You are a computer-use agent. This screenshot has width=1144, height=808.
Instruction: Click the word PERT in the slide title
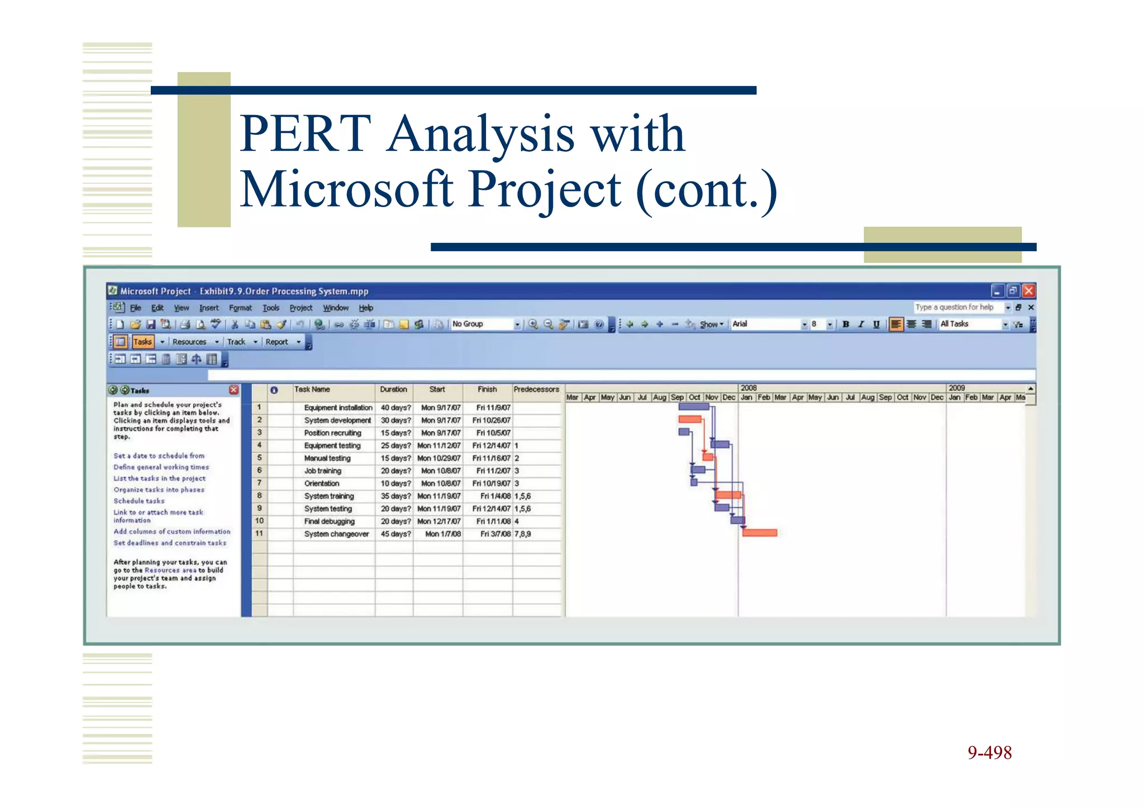tap(306, 134)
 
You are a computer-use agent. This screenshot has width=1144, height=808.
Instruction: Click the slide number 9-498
tap(989, 753)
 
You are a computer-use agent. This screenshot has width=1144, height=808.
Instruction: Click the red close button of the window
tap(1028, 291)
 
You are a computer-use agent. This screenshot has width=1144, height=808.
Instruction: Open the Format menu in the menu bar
tap(240, 308)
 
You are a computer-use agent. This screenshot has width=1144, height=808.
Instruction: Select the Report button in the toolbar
tap(277, 342)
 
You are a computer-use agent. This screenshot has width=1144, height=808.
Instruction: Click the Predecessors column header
tap(536, 389)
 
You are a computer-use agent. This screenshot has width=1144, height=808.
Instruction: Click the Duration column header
tap(393, 389)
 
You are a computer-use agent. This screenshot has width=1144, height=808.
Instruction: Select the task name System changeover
tap(336, 534)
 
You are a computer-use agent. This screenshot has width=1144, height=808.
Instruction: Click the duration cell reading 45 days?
tap(395, 534)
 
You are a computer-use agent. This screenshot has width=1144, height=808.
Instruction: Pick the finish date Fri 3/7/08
tap(495, 534)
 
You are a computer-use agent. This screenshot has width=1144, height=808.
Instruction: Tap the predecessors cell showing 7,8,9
tap(523, 534)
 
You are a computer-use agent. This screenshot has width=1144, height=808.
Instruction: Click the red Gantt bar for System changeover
tap(760, 533)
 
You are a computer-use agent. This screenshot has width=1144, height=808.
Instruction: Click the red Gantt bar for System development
tap(690, 419)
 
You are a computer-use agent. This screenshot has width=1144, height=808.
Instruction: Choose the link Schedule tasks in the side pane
tap(139, 501)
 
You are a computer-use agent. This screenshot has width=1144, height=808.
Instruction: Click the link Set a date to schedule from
tap(159, 456)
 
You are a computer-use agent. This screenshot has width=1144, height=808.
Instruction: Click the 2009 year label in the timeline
tap(956, 388)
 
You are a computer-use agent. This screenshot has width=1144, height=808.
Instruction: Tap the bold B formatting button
tap(846, 324)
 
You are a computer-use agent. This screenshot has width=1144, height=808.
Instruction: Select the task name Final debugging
tap(329, 521)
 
